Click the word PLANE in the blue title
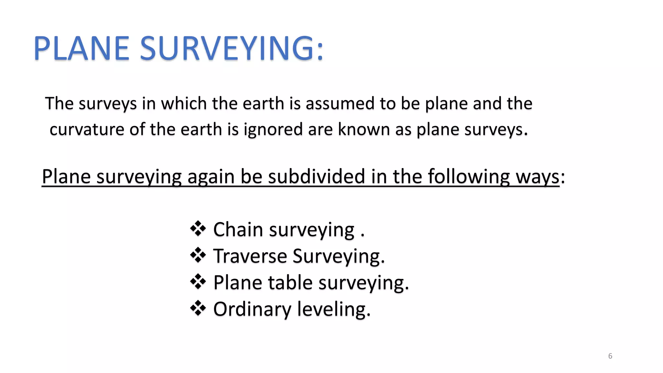(81, 49)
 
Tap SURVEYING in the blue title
(231, 49)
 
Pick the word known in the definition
(364, 130)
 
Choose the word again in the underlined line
(211, 177)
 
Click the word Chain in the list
(238, 230)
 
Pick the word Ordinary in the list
(252, 309)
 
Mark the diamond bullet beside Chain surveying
(198, 229)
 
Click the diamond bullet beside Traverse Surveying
(198, 255)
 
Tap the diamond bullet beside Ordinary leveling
(198, 308)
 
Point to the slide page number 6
(610, 356)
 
